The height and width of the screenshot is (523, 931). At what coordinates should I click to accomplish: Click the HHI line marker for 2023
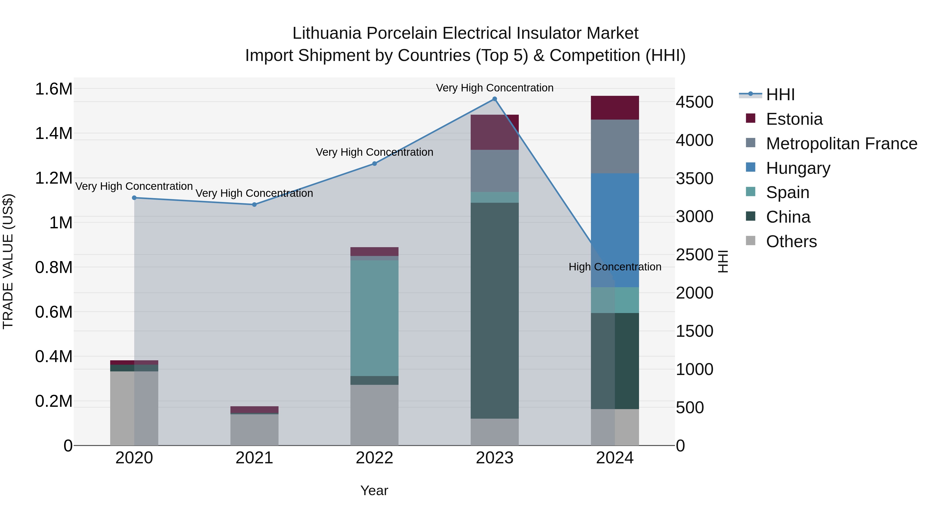(x=494, y=99)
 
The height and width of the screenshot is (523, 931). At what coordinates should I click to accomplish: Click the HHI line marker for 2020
(x=134, y=198)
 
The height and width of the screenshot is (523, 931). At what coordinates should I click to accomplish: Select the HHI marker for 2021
(x=254, y=205)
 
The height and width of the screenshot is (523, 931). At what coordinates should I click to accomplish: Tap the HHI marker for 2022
(x=374, y=163)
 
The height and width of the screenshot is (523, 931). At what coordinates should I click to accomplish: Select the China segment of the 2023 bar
(x=494, y=310)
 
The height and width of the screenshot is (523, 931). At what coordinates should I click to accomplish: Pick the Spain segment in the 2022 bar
(x=374, y=318)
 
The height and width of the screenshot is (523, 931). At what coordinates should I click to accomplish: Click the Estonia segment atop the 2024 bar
(x=615, y=107)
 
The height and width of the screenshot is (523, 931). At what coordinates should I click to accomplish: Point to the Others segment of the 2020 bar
(x=134, y=408)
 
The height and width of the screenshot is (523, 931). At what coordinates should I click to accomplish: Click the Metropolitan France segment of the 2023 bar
(x=494, y=171)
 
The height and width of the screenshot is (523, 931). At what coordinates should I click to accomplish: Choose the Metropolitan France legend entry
(x=841, y=144)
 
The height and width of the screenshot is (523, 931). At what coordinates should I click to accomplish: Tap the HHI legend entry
(x=780, y=95)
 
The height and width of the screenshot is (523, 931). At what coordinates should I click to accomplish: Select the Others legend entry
(x=791, y=241)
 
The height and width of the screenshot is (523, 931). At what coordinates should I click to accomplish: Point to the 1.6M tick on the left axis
(x=54, y=89)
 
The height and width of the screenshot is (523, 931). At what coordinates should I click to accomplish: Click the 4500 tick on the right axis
(x=694, y=102)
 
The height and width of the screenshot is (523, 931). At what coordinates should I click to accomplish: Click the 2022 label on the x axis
(x=374, y=458)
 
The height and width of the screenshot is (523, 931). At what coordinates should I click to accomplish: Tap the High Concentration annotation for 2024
(x=615, y=267)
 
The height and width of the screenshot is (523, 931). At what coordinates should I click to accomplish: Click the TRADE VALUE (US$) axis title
(x=8, y=261)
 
